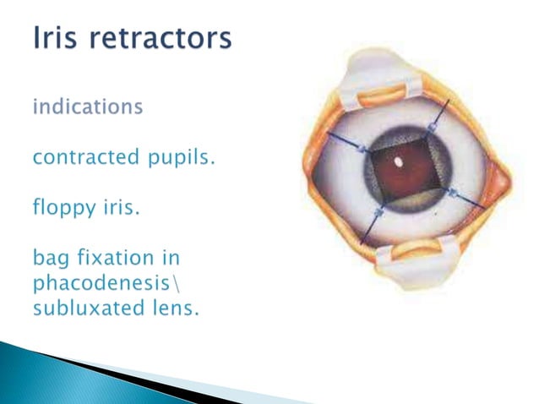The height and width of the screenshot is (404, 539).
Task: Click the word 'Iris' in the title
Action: click(x=57, y=40)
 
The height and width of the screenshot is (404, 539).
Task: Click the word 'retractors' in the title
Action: click(x=161, y=40)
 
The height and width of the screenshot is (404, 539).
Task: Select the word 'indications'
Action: click(x=87, y=107)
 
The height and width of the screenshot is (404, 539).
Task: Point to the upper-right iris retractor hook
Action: click(x=432, y=127)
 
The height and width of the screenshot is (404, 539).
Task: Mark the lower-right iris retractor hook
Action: click(x=455, y=194)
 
